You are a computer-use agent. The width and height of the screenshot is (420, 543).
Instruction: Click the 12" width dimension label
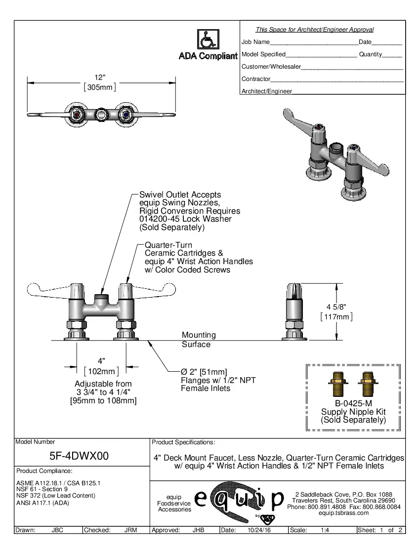(100, 78)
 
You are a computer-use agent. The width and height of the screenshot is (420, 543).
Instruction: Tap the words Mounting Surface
(199, 340)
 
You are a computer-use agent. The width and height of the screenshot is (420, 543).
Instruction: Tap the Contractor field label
(255, 79)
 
